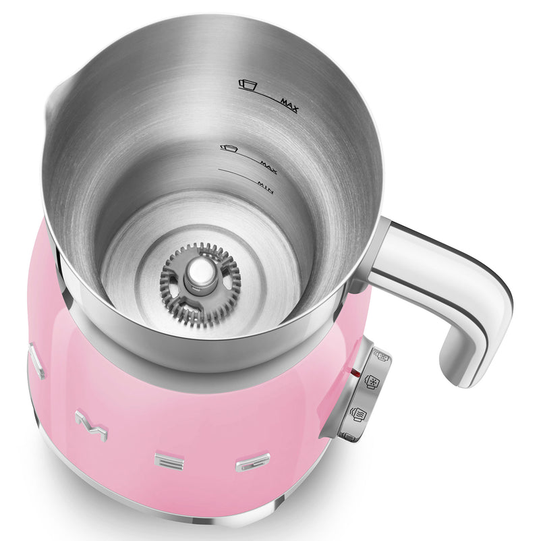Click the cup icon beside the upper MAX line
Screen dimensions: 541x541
(249, 84)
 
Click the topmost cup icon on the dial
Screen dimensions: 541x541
(380, 356)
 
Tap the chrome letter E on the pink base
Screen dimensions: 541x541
(166, 461)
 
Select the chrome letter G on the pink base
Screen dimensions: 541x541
(252, 463)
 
